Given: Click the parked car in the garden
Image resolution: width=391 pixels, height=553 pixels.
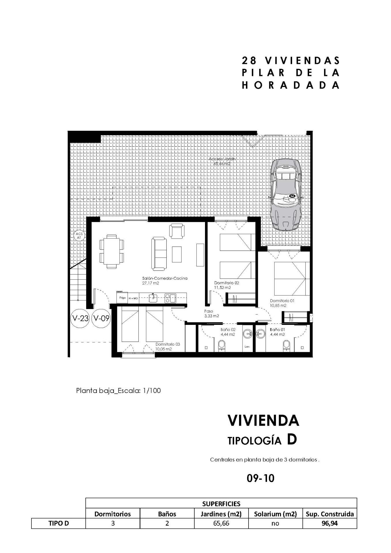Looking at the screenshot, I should (x=286, y=194).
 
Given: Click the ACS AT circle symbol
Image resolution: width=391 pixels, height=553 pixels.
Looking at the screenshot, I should (x=79, y=236).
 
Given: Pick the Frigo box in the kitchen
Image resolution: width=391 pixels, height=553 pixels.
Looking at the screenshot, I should (x=122, y=298).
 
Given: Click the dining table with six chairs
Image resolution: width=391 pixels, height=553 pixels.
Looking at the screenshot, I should (x=112, y=251).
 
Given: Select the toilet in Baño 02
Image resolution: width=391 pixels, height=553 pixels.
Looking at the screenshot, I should (x=221, y=345).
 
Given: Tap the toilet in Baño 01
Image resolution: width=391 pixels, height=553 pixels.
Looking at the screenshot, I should (x=286, y=345).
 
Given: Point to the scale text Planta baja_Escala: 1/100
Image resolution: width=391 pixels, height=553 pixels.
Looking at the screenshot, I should (x=118, y=391).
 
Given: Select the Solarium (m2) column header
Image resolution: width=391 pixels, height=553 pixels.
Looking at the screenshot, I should (x=275, y=514).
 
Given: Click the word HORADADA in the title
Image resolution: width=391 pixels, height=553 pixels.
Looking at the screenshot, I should (x=290, y=85).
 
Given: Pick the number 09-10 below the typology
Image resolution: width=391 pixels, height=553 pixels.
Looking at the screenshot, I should (x=260, y=478).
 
